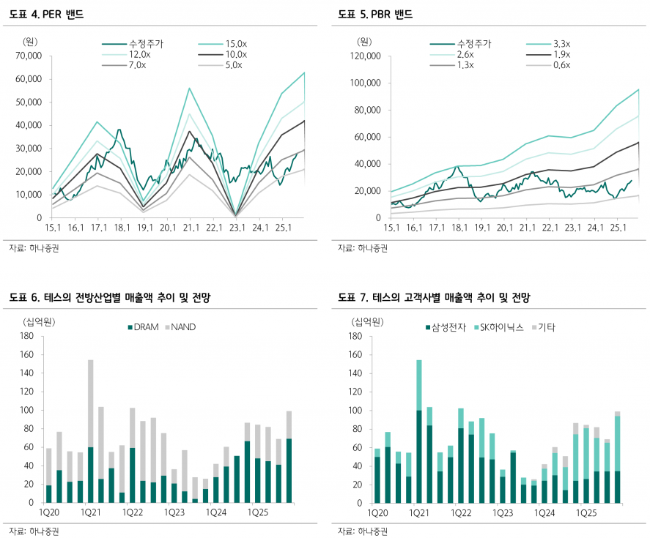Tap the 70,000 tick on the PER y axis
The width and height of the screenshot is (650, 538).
click(x=29, y=56)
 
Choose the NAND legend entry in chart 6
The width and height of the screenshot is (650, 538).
click(x=185, y=327)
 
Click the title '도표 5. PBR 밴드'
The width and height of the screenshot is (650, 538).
click(x=374, y=14)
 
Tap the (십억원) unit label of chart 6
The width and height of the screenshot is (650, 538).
click(x=40, y=321)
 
